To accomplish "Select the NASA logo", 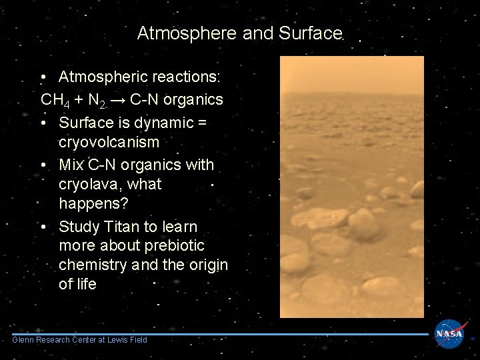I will tap(451, 333).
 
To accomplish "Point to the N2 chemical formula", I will tap(97, 101).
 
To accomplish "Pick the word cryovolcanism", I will tap(109, 142).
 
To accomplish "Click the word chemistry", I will tap(93, 265).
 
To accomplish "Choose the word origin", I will tap(208, 265).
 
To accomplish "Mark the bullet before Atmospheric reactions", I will tap(43, 78).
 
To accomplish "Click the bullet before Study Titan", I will tap(43, 227).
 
